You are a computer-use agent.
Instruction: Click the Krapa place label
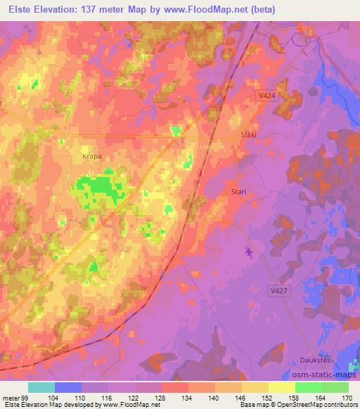click(x=93, y=157)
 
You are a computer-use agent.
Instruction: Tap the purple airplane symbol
click(x=248, y=251)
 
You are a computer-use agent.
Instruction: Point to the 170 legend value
click(x=347, y=398)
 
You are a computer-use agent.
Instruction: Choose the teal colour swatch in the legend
click(x=41, y=387)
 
